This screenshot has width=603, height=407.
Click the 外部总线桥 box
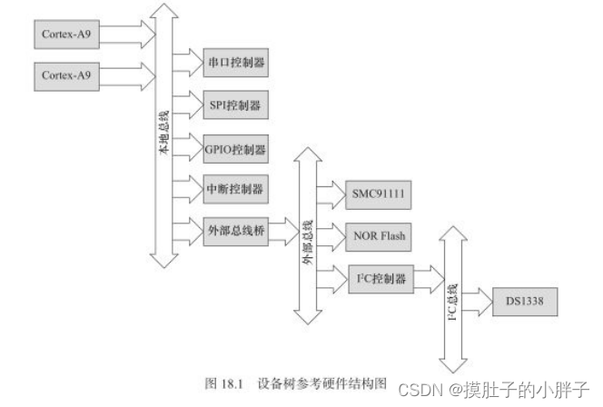click(x=235, y=231)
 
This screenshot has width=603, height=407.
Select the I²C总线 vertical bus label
click(x=451, y=300)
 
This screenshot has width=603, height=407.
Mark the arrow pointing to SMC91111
click(x=331, y=195)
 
